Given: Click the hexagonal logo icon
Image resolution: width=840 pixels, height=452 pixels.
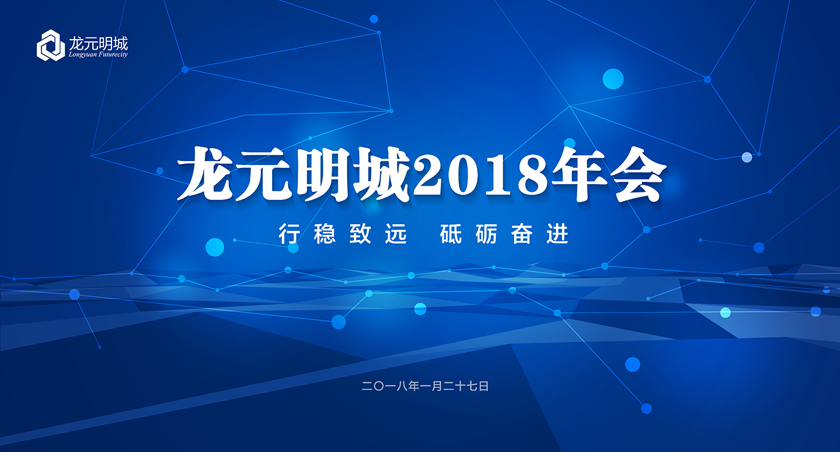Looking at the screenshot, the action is (50, 45).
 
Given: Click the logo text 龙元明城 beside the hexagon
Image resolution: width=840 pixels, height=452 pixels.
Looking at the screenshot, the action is (98, 44).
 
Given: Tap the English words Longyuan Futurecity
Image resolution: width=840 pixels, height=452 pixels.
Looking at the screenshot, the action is (98, 55).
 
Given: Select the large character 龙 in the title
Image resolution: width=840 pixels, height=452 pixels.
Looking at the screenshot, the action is (207, 174).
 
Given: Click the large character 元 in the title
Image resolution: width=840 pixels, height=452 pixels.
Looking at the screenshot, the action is (266, 174).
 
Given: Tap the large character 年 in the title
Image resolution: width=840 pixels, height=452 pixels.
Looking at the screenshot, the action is (580, 174).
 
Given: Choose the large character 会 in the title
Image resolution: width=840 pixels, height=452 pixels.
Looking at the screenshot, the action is (638, 174).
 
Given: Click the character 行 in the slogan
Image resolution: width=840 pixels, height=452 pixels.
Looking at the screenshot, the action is (289, 234).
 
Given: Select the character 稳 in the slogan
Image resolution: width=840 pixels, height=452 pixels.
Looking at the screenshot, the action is (325, 234).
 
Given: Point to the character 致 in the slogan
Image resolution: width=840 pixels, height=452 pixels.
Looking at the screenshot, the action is (361, 234).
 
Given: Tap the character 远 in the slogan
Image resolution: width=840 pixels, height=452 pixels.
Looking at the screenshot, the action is (396, 234).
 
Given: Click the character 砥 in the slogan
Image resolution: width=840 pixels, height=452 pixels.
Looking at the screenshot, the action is (451, 234).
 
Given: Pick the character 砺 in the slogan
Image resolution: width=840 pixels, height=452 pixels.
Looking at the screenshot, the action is (487, 234).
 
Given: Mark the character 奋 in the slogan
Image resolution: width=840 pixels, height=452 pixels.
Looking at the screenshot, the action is (522, 234).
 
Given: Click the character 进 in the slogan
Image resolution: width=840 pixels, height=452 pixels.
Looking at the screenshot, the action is (558, 234).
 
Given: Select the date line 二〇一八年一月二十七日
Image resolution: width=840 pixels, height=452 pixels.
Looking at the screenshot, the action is (425, 386).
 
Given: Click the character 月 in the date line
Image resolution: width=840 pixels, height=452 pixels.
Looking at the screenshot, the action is (437, 386).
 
